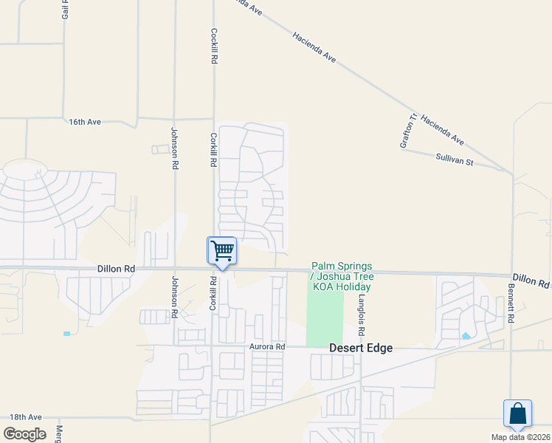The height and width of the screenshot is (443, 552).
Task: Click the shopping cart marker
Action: pyautogui.click(x=221, y=251)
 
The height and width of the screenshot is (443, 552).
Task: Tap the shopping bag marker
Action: pyautogui.click(x=517, y=413)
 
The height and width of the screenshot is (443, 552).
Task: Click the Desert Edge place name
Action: pyautogui.click(x=360, y=348)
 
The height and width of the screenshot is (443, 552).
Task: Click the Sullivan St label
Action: pyautogui.click(x=454, y=159)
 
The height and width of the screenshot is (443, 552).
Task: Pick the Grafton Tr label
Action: pyautogui.click(x=409, y=131)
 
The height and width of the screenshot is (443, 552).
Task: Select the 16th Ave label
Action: pyautogui.click(x=85, y=121)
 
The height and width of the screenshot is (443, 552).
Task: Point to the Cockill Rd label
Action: pyautogui.click(x=213, y=45)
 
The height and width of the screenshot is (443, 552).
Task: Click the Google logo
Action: pyautogui.click(x=24, y=433)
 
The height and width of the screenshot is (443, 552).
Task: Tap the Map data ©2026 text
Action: pyautogui.click(x=520, y=436)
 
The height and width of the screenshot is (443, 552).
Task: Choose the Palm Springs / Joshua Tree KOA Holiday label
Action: pyautogui.click(x=342, y=276)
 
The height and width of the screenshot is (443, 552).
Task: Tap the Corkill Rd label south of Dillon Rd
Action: pyautogui.click(x=213, y=293)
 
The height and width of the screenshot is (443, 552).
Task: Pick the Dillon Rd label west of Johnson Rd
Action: pyautogui.click(x=116, y=270)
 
